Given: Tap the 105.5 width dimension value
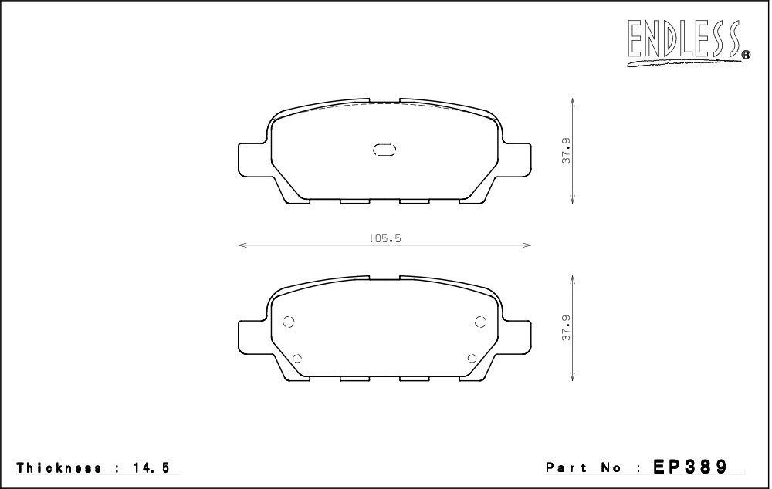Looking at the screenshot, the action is tap(385, 238).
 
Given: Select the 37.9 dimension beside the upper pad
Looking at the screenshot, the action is tap(566, 150).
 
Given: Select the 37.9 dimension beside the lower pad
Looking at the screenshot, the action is tap(566, 328).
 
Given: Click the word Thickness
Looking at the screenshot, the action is tap(59, 468).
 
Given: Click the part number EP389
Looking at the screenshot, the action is tap(690, 466).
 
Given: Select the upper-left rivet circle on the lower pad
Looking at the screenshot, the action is tap(289, 322).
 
